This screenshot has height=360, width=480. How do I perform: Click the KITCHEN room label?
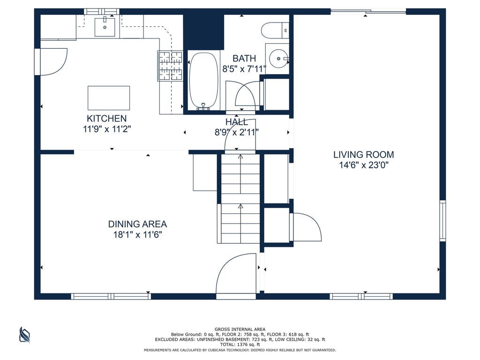[106, 119]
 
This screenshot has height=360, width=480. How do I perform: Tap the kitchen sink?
[105, 27]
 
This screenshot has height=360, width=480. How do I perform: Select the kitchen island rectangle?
[109, 98]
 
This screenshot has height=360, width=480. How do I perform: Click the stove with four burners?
[170, 66]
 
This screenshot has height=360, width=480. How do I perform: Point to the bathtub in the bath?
[203, 81]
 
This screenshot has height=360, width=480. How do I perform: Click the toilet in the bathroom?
[275, 30]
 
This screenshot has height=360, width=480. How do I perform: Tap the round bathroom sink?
[278, 59]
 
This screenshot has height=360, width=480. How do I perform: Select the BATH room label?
[244, 58]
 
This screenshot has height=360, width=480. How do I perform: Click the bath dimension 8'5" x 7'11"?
[244, 69]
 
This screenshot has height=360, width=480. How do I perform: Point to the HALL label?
[237, 122]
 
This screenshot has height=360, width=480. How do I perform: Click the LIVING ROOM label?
[364, 155]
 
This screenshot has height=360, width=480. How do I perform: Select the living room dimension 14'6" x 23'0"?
[364, 165]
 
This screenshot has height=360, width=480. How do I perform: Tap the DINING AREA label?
[137, 224]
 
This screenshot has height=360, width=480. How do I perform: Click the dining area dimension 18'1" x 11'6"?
[137, 235]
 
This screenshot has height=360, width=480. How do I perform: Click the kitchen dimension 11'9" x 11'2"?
[107, 129]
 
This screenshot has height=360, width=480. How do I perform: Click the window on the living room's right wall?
[442, 220]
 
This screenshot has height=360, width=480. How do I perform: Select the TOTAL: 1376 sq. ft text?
[240, 345]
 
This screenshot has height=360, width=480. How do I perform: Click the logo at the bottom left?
[24, 335]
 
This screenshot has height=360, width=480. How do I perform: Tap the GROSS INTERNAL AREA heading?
[240, 330]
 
